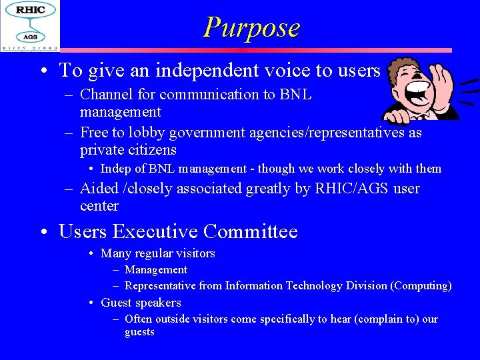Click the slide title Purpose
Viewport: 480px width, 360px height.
pyautogui.click(x=251, y=27)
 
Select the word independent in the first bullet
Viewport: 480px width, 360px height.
pyautogui.click(x=191, y=70)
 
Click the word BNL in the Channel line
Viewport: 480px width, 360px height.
pyautogui.click(x=296, y=95)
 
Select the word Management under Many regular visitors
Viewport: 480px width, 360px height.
pyautogui.click(x=156, y=270)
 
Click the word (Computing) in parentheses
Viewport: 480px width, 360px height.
pyautogui.click(x=421, y=286)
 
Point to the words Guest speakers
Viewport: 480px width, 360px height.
pyautogui.click(x=141, y=303)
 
